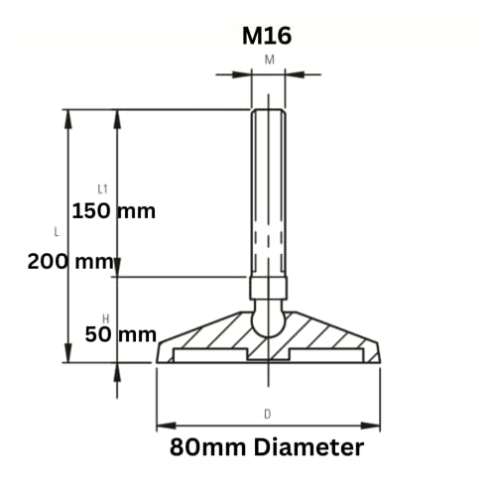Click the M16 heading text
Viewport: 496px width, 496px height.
[x=269, y=37]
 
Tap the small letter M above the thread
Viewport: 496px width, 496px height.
[x=269, y=60]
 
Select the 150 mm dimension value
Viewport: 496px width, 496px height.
[x=114, y=211]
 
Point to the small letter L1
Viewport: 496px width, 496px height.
[x=103, y=188]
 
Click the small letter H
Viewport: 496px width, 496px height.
[x=105, y=317]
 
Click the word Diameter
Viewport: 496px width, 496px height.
[x=309, y=447]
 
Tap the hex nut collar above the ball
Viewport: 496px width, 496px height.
[x=269, y=289]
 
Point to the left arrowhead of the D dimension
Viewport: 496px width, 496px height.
[x=162, y=427]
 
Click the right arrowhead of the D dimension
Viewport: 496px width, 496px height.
[x=376, y=427]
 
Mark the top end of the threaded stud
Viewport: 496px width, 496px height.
[x=269, y=110]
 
